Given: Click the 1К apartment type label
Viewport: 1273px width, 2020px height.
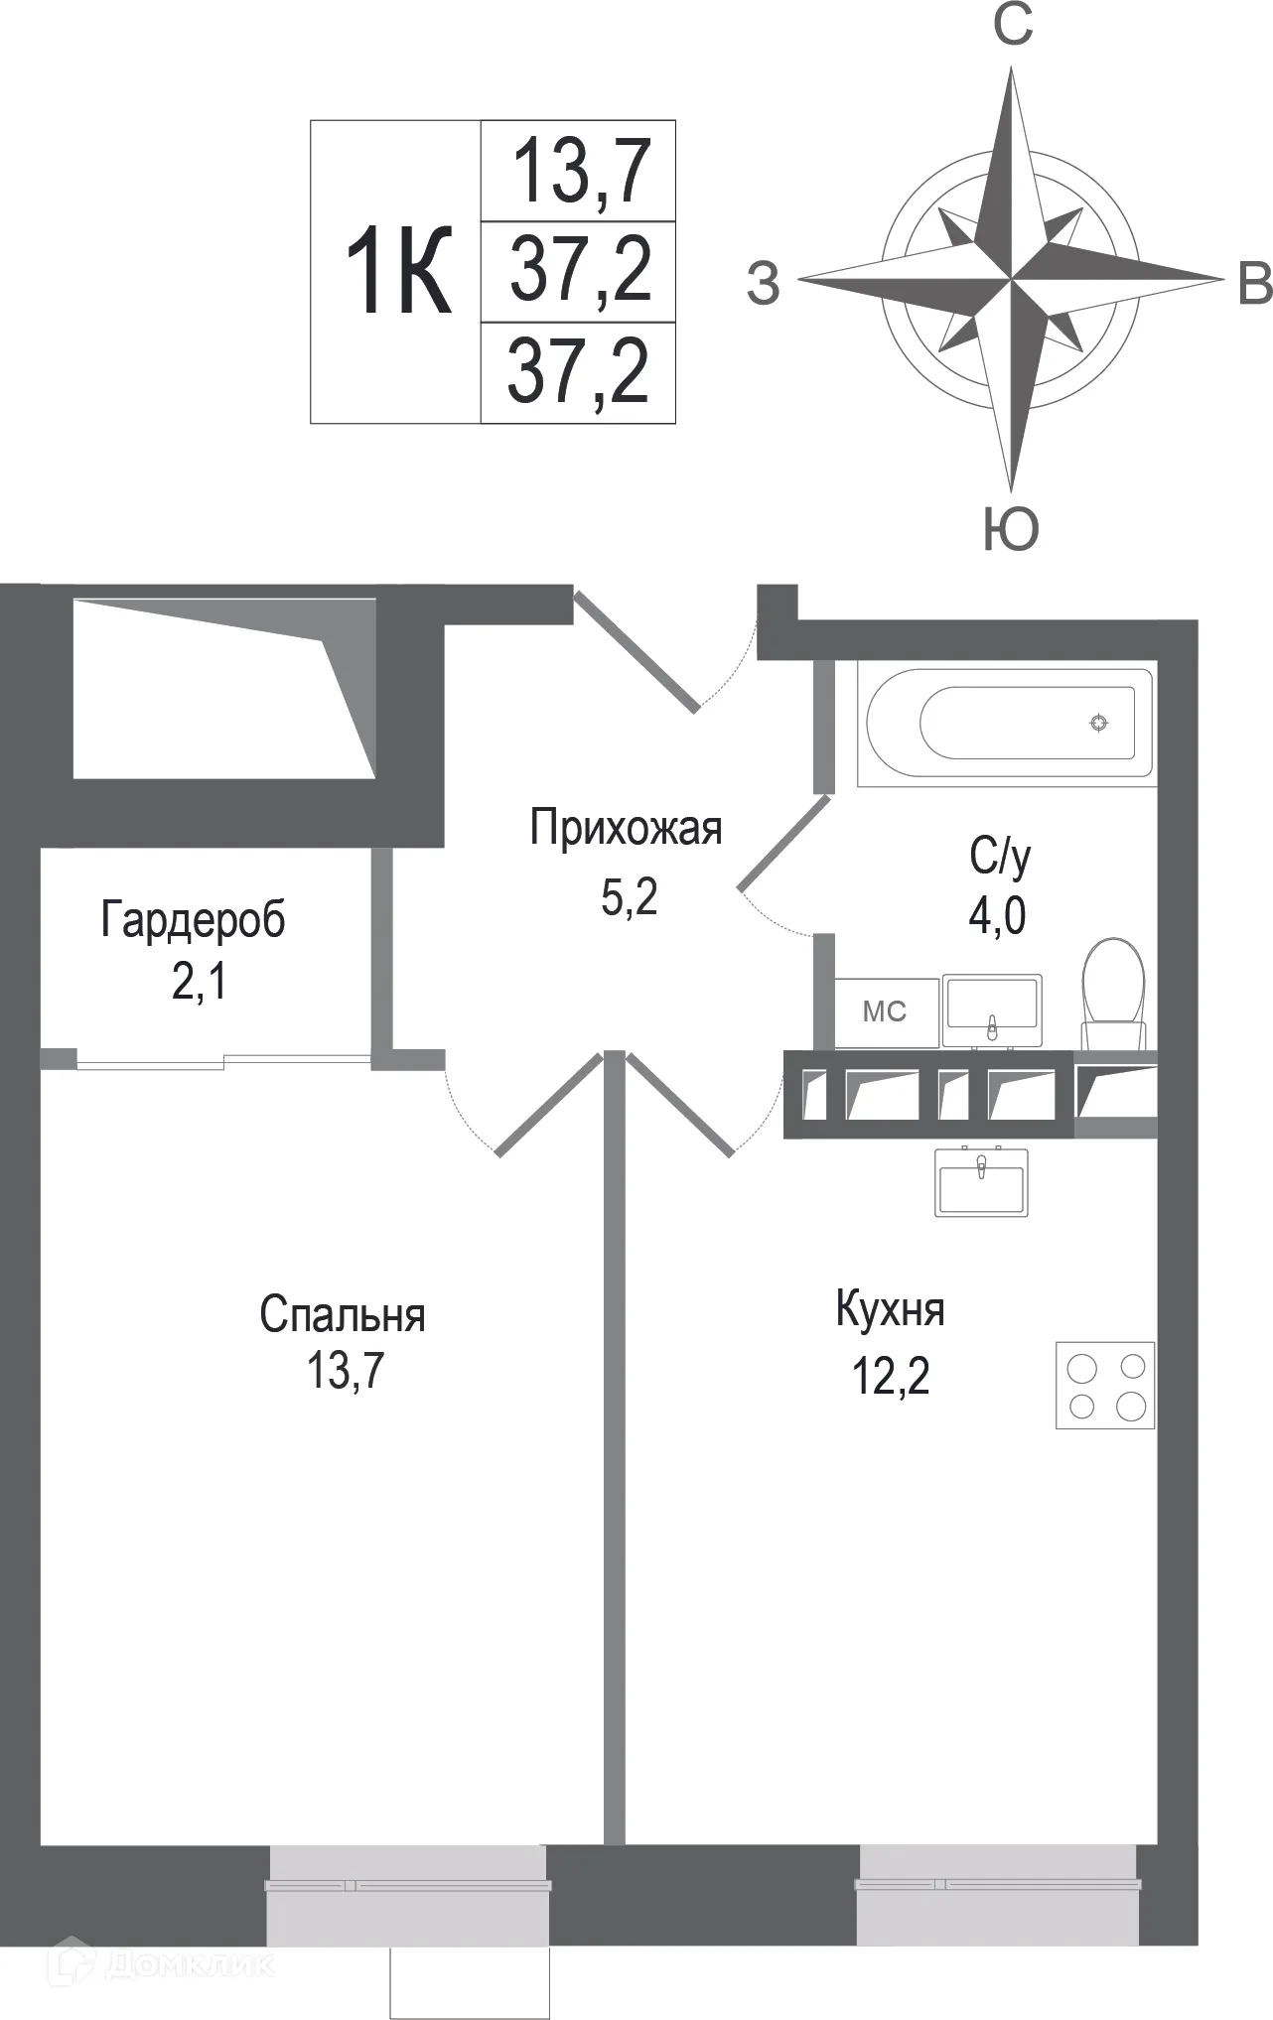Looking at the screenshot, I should click(x=397, y=271).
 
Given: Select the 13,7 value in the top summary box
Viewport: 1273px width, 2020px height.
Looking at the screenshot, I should click(x=580, y=171).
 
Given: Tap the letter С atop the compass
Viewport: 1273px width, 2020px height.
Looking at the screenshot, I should click(x=1013, y=27).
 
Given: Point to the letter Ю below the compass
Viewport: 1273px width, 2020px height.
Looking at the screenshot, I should click(x=1011, y=528).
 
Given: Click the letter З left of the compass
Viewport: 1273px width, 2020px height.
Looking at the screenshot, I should click(x=763, y=284).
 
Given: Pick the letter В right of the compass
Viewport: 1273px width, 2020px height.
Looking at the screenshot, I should click(x=1255, y=284).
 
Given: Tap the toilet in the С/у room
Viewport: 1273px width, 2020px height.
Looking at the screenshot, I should click(x=1114, y=987).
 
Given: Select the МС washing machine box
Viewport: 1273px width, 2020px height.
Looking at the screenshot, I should click(x=886, y=1011).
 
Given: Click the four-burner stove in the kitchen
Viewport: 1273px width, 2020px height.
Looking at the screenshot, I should click(x=1105, y=1386).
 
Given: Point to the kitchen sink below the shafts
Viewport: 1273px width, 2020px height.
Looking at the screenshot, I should click(x=981, y=1181).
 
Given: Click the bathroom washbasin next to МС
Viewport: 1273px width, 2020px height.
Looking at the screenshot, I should click(x=992, y=1009).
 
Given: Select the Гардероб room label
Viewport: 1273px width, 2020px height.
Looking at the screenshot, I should click(x=193, y=920).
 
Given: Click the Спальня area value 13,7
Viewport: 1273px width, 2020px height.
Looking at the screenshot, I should click(x=345, y=1372).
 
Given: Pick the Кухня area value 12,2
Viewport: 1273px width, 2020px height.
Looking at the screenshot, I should click(x=891, y=1377).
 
